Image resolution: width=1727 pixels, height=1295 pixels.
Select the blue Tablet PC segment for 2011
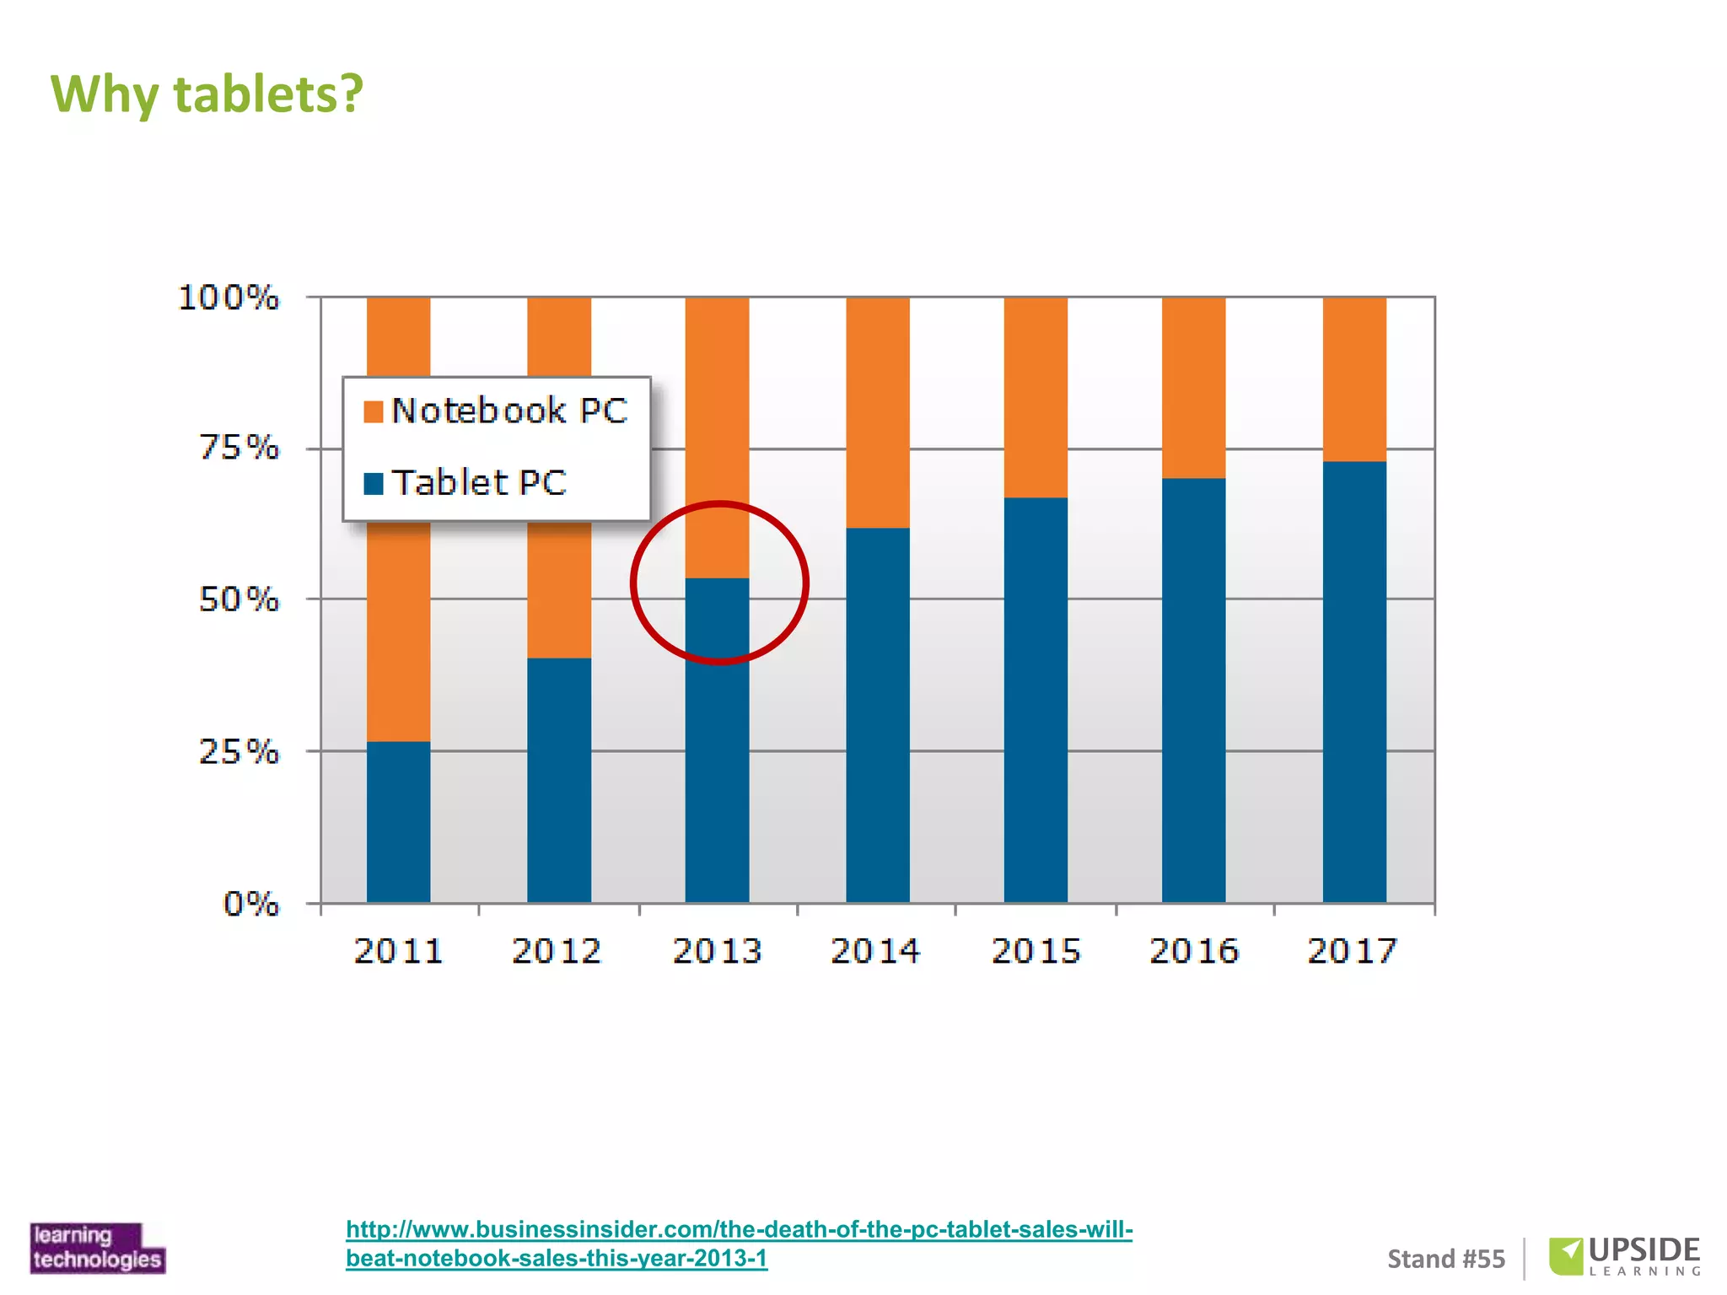click(398, 822)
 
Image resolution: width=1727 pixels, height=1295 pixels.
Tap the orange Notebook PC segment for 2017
click(1354, 379)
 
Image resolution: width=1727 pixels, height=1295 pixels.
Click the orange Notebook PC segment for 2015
click(1036, 397)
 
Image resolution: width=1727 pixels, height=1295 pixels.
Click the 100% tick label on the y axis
click(229, 298)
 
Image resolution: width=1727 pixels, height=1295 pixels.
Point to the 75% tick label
click(239, 448)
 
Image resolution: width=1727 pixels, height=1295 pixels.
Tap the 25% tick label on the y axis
click(239, 751)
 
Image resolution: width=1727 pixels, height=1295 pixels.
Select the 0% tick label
click(250, 904)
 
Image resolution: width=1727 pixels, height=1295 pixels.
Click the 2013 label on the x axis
click(717, 951)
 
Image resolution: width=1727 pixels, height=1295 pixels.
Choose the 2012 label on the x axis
click(557, 951)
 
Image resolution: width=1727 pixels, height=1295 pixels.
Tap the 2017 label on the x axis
click(1352, 951)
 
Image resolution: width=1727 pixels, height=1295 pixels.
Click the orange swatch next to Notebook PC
click(373, 411)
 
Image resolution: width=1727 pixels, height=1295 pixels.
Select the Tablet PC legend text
click(479, 483)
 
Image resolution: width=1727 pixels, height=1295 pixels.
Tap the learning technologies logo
click(97, 1247)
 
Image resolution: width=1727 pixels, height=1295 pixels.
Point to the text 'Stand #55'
click(1445, 1259)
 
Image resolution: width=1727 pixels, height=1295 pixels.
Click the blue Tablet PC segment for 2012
click(559, 780)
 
